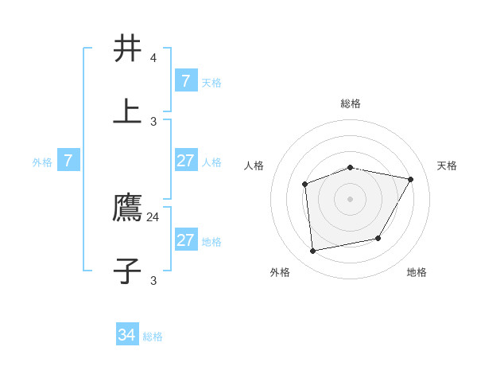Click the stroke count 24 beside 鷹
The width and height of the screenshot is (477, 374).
pyautogui.click(x=153, y=216)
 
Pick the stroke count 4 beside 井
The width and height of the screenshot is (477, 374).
pyautogui.click(x=153, y=58)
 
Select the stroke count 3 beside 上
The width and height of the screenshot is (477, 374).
pyautogui.click(x=153, y=121)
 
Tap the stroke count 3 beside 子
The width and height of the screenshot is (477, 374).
pyautogui.click(x=153, y=280)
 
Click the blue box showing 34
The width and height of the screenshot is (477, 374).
pyautogui.click(x=127, y=335)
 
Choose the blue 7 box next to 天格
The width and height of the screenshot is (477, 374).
pyautogui.click(x=186, y=80)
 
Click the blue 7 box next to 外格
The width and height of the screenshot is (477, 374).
pyautogui.click(x=68, y=161)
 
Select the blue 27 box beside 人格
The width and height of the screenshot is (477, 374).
pyautogui.click(x=186, y=161)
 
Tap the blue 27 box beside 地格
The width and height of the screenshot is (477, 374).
pyautogui.click(x=186, y=240)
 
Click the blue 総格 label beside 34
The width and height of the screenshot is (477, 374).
pyautogui.click(x=153, y=337)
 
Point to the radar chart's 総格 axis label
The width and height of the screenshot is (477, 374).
pyautogui.click(x=351, y=103)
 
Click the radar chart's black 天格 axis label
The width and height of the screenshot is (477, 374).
pyautogui.click(x=448, y=166)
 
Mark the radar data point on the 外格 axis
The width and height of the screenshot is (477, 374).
pyautogui.click(x=313, y=251)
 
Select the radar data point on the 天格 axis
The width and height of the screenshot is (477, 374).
pyautogui.click(x=410, y=179)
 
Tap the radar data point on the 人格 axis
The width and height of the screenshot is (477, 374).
pyautogui.click(x=305, y=185)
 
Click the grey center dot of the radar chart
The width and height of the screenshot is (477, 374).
pyautogui.click(x=351, y=199)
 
